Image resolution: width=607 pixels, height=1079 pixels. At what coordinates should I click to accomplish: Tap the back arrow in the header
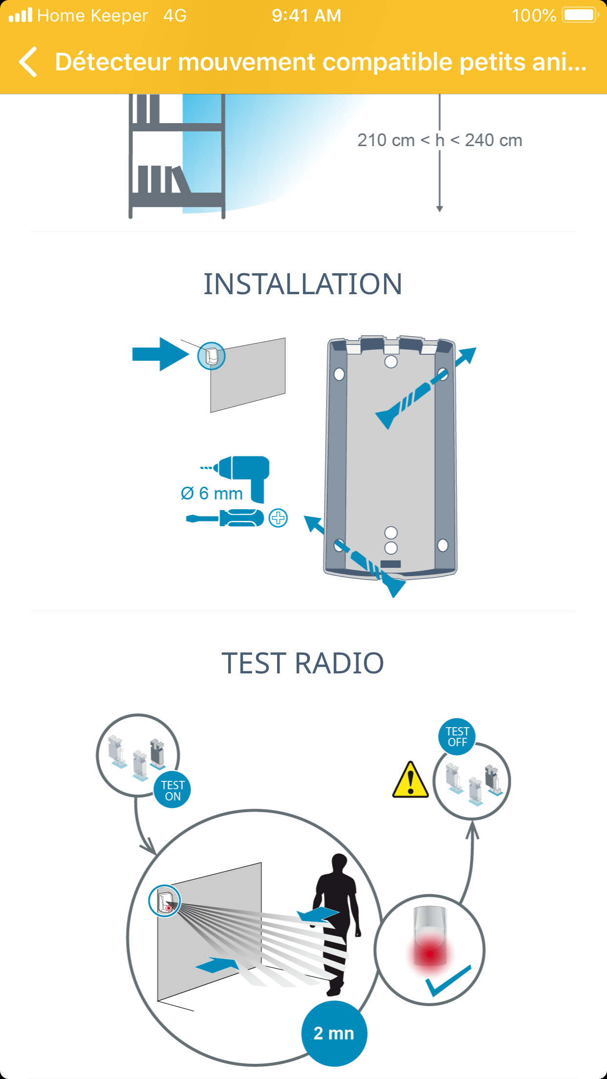[x=28, y=62]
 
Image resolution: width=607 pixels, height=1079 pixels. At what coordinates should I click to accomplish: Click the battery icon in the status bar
[x=580, y=15]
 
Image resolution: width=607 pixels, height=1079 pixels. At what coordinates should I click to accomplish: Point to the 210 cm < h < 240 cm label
[x=439, y=140]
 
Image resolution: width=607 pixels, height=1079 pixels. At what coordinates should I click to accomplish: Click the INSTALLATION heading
[x=303, y=284]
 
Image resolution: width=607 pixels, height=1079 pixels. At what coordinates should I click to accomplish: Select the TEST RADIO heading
[x=303, y=663]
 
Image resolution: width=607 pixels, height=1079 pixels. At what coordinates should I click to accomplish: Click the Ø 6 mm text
[x=212, y=494]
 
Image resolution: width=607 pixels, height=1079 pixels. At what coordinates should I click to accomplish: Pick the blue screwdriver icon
[x=225, y=518]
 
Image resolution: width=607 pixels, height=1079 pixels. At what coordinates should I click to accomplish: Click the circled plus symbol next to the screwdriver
[x=279, y=518]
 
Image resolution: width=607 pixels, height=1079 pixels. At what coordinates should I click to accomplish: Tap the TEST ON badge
[x=173, y=790]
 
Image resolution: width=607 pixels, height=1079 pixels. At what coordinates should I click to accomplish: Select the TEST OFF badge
[x=457, y=736]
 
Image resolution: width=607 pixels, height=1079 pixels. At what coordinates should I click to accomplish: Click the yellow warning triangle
[x=411, y=780]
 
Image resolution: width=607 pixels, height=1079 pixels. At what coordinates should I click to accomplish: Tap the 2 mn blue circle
[x=334, y=1034]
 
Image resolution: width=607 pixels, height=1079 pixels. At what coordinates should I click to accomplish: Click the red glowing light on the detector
[x=430, y=953]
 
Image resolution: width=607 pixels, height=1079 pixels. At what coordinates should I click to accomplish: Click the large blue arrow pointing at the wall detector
[x=160, y=354]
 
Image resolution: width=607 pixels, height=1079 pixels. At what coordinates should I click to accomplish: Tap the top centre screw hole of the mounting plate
[x=391, y=361]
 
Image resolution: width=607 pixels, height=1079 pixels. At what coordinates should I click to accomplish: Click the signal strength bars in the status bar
[x=21, y=15]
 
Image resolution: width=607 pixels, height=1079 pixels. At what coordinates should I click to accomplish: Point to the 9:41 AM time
[x=306, y=16]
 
